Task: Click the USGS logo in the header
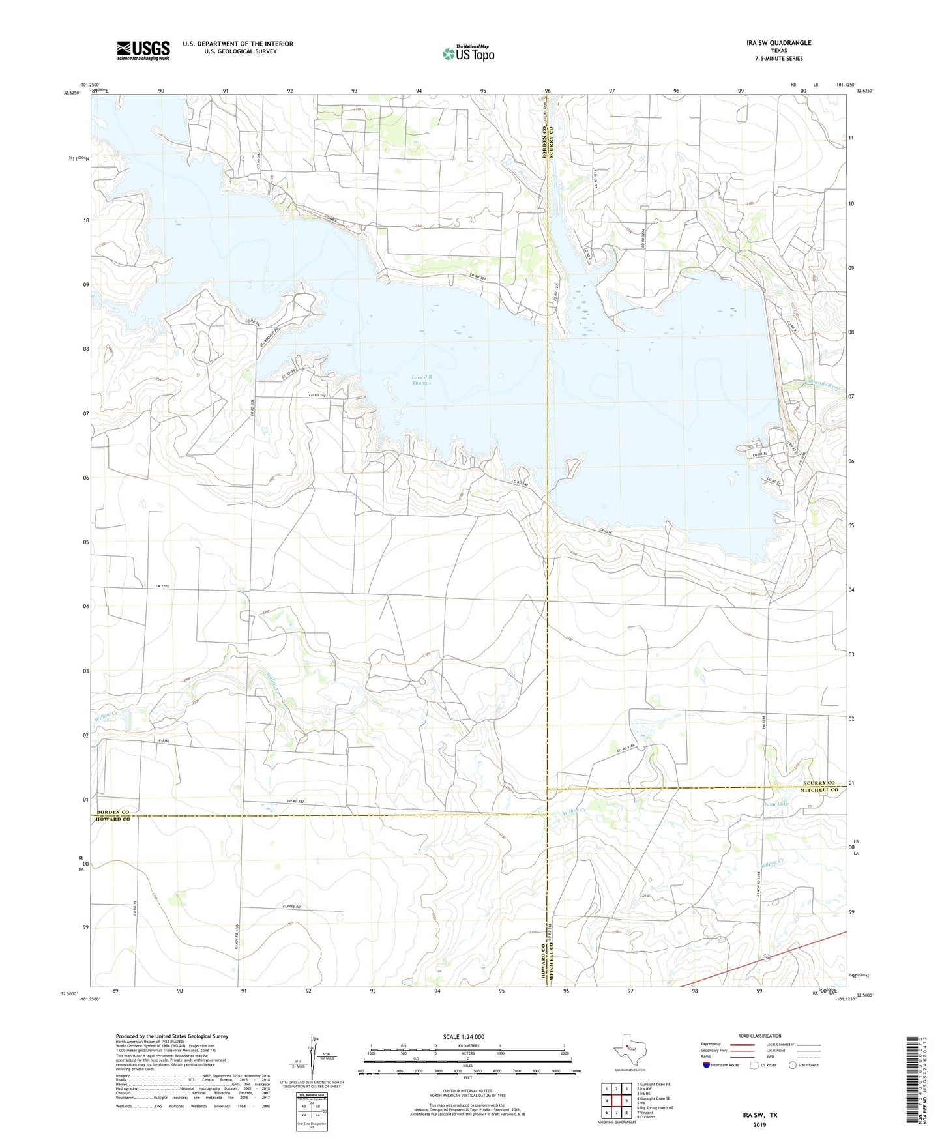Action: tap(143, 50)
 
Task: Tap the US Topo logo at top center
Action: tap(467, 53)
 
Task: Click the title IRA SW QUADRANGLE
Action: tap(779, 43)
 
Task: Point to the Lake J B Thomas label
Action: tap(421, 380)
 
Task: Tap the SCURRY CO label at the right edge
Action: tap(819, 783)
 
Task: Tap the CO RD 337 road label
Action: tap(296, 802)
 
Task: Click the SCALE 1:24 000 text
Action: tap(467, 1037)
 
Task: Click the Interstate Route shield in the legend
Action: tap(707, 1065)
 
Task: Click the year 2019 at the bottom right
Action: tap(759, 1124)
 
